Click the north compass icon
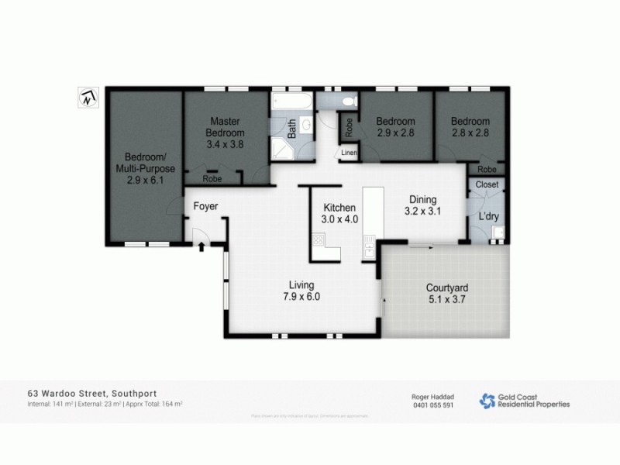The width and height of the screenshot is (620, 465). coord(88,97)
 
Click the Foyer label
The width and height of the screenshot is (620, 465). coord(206,206)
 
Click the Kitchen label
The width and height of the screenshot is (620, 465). coord(339,208)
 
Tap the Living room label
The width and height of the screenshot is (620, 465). coord(301,284)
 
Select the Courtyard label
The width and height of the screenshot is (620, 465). coord(447,288)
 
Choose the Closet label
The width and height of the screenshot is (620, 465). coord(487,184)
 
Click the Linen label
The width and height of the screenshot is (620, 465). coord(348,154)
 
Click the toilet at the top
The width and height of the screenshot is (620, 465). coord(347,101)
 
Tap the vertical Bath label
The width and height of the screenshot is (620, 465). coord(292,129)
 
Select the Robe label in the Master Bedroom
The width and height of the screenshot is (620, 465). coord(210,179)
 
